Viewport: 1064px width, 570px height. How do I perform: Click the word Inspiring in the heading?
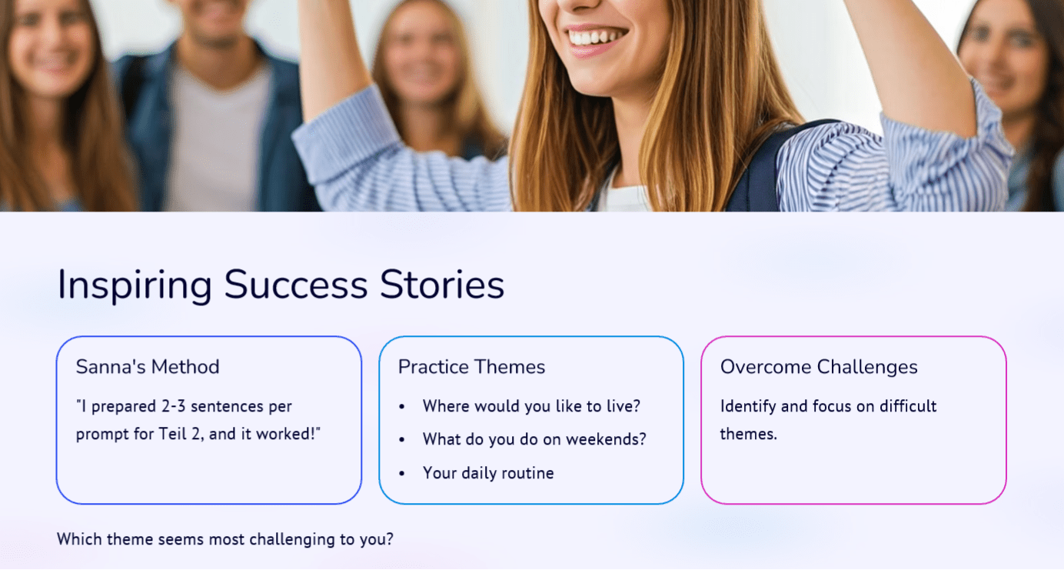[135, 285]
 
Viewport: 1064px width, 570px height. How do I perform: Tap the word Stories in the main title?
[442, 285]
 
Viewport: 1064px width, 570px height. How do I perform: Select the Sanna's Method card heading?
[148, 367]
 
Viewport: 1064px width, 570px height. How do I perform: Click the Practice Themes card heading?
[472, 367]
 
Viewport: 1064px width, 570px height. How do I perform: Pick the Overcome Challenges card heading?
[819, 368]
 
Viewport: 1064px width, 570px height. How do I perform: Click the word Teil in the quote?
[172, 434]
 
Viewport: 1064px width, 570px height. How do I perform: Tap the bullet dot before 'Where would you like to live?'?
[402, 407]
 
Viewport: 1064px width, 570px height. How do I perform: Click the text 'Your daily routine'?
[488, 473]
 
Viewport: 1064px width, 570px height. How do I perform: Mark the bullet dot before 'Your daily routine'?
[402, 474]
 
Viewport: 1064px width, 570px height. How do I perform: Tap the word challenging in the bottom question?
[291, 540]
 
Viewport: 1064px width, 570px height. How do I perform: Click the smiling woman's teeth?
[596, 37]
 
